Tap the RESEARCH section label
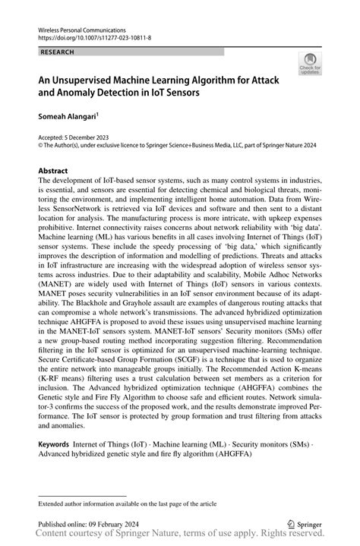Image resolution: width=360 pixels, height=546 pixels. [x=58, y=52]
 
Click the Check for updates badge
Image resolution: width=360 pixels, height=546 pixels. [x=310, y=65]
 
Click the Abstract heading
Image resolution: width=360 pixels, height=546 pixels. [x=53, y=172]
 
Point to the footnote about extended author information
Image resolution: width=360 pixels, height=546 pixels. [x=127, y=503]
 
